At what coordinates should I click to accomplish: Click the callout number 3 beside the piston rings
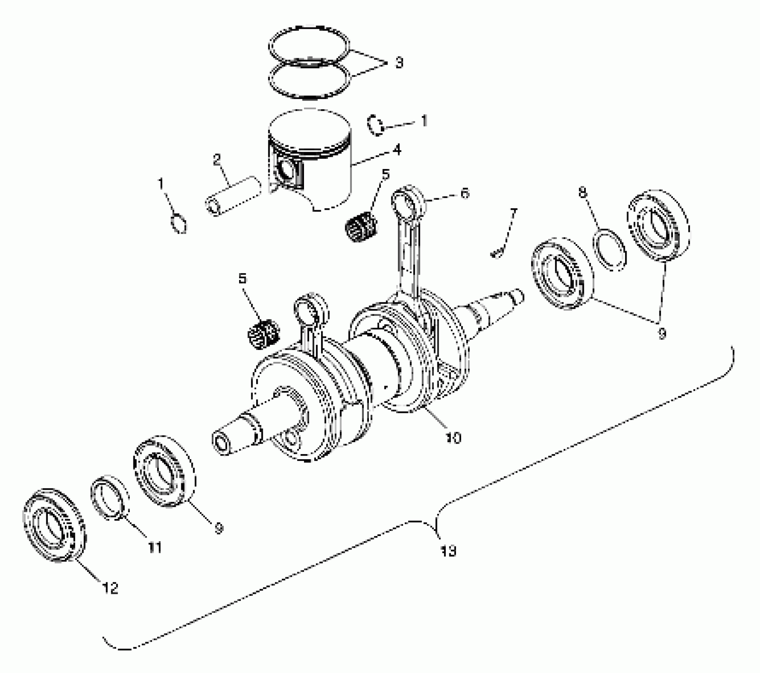(x=399, y=63)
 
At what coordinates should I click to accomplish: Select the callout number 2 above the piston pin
(x=217, y=160)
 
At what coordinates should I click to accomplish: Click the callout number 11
(x=155, y=548)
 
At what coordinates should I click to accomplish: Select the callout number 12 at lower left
(x=110, y=588)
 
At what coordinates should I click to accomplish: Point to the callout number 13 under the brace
(x=448, y=551)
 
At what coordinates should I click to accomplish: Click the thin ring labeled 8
(x=610, y=250)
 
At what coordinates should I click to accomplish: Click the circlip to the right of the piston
(x=375, y=125)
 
